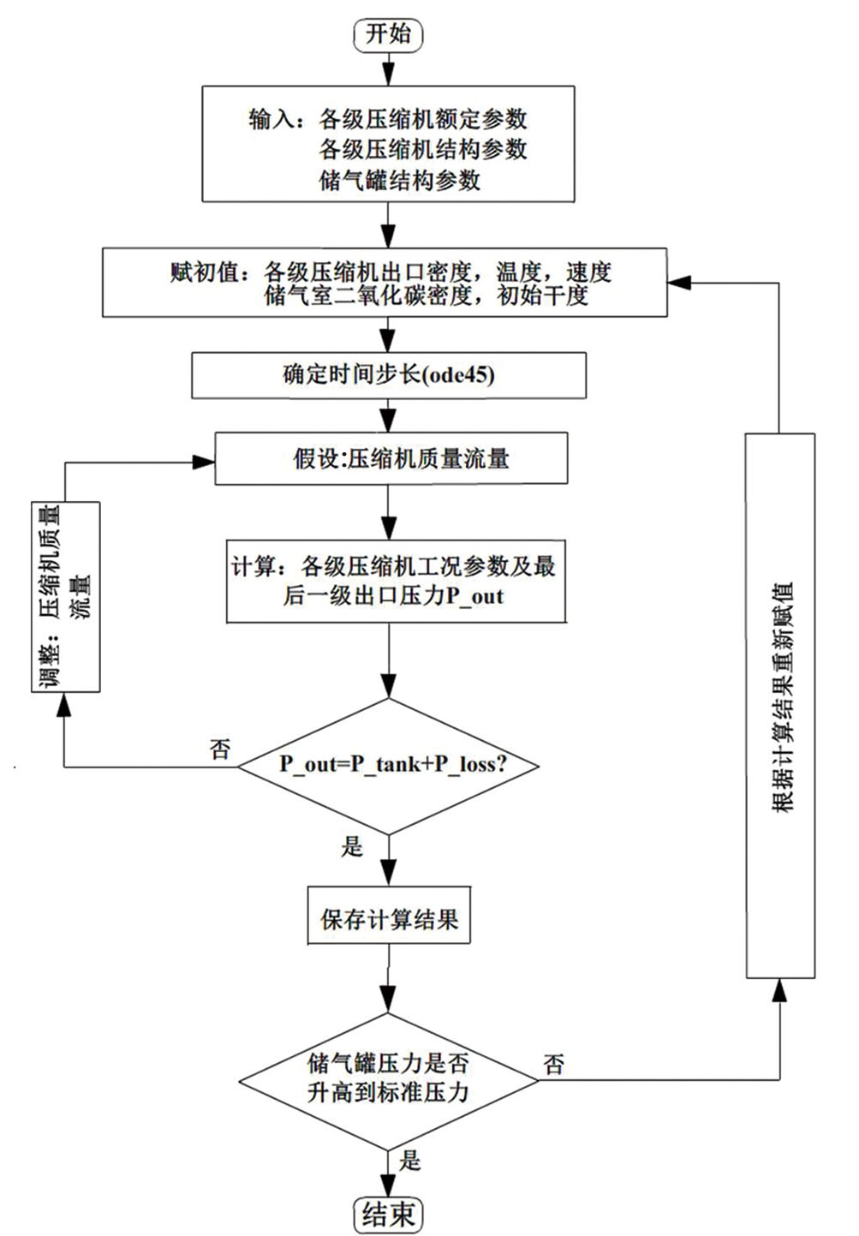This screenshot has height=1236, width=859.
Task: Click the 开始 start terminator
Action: (388, 34)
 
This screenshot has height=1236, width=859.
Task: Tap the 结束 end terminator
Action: (388, 1214)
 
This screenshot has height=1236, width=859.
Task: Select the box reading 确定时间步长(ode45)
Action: (389, 375)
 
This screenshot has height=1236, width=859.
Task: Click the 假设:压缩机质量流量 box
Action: (391, 458)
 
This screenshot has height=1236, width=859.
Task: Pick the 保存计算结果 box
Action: (389, 920)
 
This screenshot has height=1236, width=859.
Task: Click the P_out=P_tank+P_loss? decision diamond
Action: (389, 765)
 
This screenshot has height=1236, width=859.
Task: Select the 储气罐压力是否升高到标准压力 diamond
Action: (389, 1078)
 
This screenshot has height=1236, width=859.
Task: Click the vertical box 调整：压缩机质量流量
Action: (66, 596)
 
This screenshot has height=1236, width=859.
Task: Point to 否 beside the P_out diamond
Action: (220, 749)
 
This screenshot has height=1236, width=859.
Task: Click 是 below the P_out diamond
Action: (352, 847)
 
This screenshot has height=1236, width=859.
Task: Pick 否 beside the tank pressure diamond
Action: (554, 1065)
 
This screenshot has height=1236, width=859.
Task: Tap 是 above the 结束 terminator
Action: (410, 1161)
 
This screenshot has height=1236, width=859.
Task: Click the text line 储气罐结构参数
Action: (400, 181)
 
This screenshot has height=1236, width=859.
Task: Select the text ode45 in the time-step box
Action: (459, 375)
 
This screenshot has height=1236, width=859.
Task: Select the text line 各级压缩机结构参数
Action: (423, 149)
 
